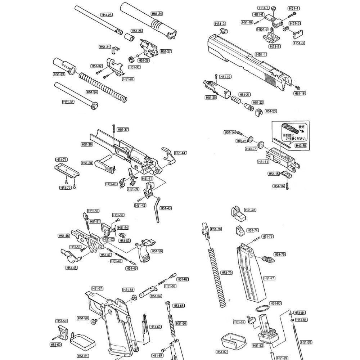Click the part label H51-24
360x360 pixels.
157,14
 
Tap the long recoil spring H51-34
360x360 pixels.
103,86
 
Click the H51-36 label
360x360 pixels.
87,144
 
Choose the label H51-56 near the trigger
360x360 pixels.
157,251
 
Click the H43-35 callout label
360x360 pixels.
301,145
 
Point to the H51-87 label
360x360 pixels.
222,352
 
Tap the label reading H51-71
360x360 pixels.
61,159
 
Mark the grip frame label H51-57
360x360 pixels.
97,288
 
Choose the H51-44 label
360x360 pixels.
180,153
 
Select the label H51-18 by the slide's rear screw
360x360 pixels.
299,93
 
